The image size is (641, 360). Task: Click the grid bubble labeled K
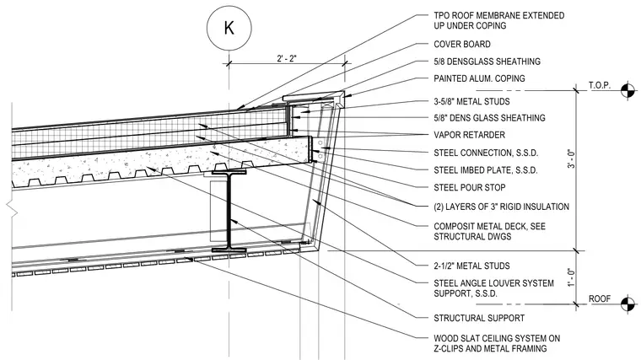(x=229, y=28)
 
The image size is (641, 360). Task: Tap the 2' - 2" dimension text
(x=287, y=58)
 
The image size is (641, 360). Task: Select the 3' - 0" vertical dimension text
(x=571, y=159)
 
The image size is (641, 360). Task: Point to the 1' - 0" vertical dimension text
(x=571, y=277)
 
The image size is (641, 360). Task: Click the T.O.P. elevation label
(x=600, y=85)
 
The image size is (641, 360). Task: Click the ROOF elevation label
(x=600, y=298)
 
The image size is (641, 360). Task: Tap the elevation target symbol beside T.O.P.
(x=628, y=91)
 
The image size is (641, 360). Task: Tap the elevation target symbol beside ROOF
(x=628, y=304)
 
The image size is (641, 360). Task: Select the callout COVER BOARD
(x=462, y=44)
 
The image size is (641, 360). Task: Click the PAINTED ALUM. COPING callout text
(x=479, y=78)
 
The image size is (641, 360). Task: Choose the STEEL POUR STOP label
(x=470, y=187)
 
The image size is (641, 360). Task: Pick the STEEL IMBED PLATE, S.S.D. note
(x=486, y=170)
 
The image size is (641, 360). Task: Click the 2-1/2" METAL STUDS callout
(x=471, y=266)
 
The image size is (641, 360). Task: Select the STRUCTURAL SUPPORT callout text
(x=479, y=318)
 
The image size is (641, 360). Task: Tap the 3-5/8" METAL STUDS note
(x=471, y=101)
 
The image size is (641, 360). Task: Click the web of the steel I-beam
(x=229, y=212)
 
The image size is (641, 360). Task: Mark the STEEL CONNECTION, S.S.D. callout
(x=486, y=153)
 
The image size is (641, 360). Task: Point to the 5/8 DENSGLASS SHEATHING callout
(x=487, y=62)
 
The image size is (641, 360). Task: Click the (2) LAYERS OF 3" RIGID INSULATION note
(x=501, y=207)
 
